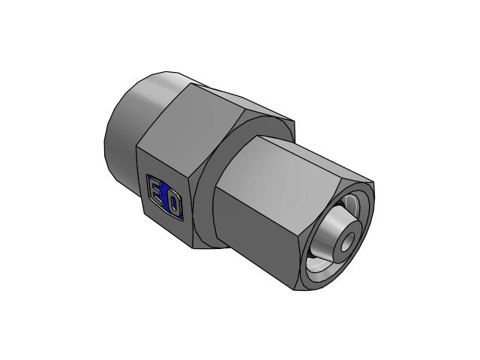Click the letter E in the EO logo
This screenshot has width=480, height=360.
(158, 191)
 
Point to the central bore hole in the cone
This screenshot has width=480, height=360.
(347, 241)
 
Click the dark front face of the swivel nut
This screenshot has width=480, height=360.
(254, 235)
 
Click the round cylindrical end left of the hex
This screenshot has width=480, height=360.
(128, 128)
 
